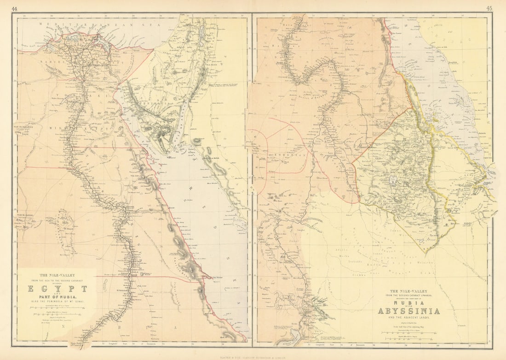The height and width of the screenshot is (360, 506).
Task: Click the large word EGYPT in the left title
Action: pyautogui.click(x=57, y=289)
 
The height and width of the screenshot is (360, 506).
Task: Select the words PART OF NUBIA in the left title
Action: pyautogui.click(x=57, y=301)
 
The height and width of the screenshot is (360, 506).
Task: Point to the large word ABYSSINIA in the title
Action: pyautogui.click(x=408, y=311)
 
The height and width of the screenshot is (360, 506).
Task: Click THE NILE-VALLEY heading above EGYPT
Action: pyautogui.click(x=57, y=275)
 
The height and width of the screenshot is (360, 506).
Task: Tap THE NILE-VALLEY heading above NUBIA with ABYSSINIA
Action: pyautogui.click(x=408, y=291)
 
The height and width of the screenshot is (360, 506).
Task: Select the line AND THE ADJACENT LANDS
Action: pyautogui.click(x=408, y=318)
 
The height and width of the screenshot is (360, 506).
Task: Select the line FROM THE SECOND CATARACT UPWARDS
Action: pyautogui.click(x=408, y=296)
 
